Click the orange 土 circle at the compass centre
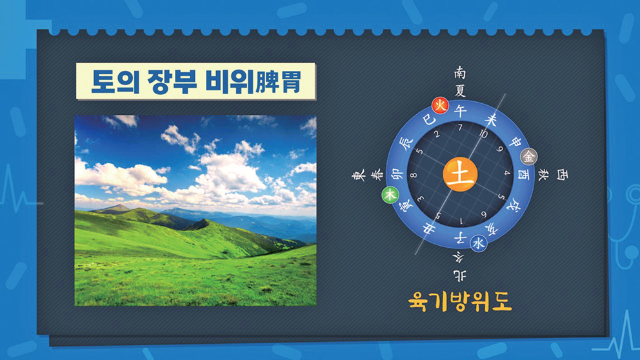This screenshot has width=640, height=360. point(460,174)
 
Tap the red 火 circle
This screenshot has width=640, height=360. point(440,106)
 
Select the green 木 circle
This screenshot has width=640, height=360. point(390,195)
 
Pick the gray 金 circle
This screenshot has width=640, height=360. point(529,156)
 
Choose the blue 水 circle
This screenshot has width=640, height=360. point(478,243)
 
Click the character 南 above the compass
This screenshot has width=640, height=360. point(460,73)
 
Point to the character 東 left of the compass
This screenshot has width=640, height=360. point(358,176)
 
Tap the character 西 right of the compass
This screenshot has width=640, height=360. point(562,175)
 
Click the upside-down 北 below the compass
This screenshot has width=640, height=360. point(459,275)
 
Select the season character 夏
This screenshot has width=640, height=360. point(460,90)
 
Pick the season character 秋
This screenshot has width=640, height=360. point(543,175)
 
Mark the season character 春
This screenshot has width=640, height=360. point(377,175)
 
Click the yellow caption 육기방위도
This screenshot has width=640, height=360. point(460,302)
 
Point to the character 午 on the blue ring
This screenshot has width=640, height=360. point(461,110)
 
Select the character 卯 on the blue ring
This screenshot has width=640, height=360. point(397,174)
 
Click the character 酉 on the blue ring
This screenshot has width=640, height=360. point(523,175)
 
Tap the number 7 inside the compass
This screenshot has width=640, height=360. point(460,128)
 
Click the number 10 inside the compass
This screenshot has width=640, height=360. point(483,134)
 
